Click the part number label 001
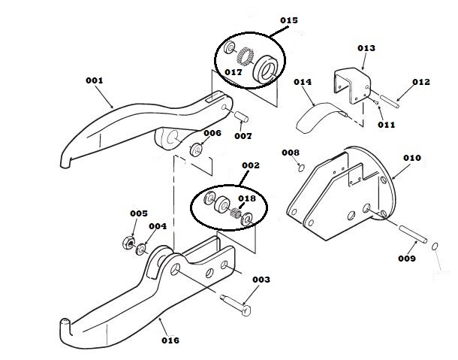94,80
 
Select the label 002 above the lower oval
250,165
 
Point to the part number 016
170,340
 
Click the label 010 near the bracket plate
412,158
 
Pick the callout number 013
366,47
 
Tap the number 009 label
407,259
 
